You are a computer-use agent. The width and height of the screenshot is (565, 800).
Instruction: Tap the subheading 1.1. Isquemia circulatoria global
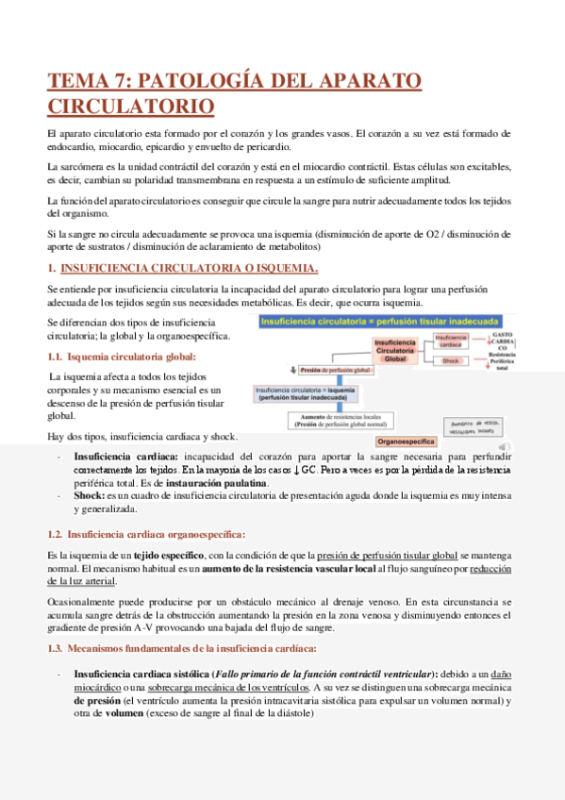tap(122, 356)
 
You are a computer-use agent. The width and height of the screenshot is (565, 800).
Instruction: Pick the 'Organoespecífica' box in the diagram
tap(405, 441)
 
